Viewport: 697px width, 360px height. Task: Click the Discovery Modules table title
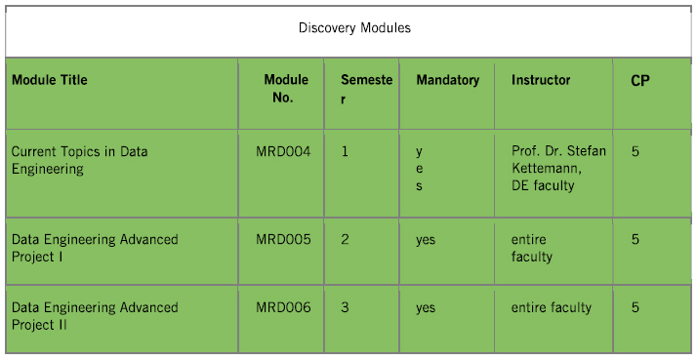tap(354, 27)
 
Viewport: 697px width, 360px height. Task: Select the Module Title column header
tap(49, 80)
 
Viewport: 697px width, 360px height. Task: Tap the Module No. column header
tap(286, 89)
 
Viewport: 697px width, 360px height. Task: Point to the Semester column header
tap(366, 89)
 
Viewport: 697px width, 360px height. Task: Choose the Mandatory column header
tap(447, 80)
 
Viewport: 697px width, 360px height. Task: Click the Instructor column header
tap(541, 80)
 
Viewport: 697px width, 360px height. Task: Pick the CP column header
tap(640, 81)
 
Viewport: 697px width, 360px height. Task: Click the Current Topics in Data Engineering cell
tap(79, 160)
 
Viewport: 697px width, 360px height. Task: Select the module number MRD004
tap(283, 151)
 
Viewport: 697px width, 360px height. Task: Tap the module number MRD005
tap(283, 239)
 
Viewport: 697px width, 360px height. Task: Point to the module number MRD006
tap(283, 307)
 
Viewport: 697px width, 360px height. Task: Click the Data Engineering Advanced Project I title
tap(94, 248)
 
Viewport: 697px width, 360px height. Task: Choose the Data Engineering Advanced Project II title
tap(94, 316)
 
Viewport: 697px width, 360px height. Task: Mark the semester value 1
tap(346, 151)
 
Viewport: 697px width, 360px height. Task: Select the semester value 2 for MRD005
tap(346, 239)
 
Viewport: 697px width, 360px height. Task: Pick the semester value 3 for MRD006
tap(346, 307)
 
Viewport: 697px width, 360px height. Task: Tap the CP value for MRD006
tap(635, 307)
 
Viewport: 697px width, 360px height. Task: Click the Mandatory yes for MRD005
tap(426, 239)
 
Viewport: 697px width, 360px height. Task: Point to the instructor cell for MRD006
tap(551, 307)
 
